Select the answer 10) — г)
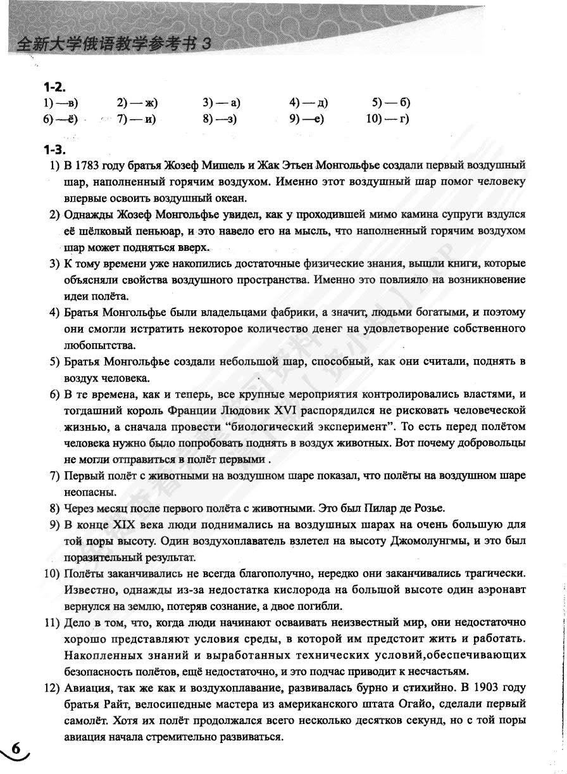388,119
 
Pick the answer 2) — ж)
137,102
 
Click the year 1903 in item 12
495,688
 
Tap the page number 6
16,749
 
